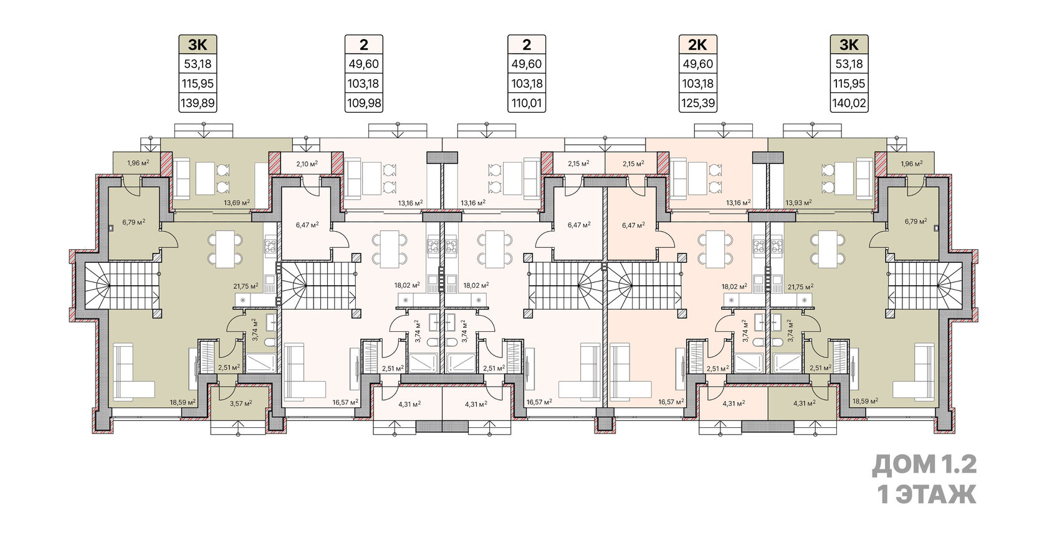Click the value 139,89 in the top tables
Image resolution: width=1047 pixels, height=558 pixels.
click(x=198, y=103)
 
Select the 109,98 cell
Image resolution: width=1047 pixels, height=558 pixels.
click(x=364, y=103)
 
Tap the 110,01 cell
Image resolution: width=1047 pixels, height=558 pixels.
click(x=527, y=103)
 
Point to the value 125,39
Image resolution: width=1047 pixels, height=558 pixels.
click(x=698, y=103)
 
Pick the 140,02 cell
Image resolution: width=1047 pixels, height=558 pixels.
click(x=849, y=103)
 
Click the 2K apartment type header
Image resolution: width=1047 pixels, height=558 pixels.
click(x=698, y=44)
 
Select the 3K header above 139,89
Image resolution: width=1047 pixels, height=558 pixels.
click(x=198, y=44)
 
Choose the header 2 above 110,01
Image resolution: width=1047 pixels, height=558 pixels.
click(x=527, y=44)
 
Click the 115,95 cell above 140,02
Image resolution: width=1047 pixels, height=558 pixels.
click(x=849, y=83)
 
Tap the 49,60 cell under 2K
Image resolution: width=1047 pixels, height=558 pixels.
click(x=698, y=64)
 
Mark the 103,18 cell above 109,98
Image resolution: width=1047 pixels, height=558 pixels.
click(x=364, y=83)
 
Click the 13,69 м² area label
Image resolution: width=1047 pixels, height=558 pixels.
click(x=237, y=202)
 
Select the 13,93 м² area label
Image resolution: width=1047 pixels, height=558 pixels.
click(x=798, y=202)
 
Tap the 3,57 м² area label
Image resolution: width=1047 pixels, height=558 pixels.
click(x=241, y=402)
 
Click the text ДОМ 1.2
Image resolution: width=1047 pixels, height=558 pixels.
click(x=924, y=465)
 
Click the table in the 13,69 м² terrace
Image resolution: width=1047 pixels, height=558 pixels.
click(x=204, y=178)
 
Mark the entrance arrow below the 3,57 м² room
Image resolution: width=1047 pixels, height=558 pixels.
click(x=238, y=427)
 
